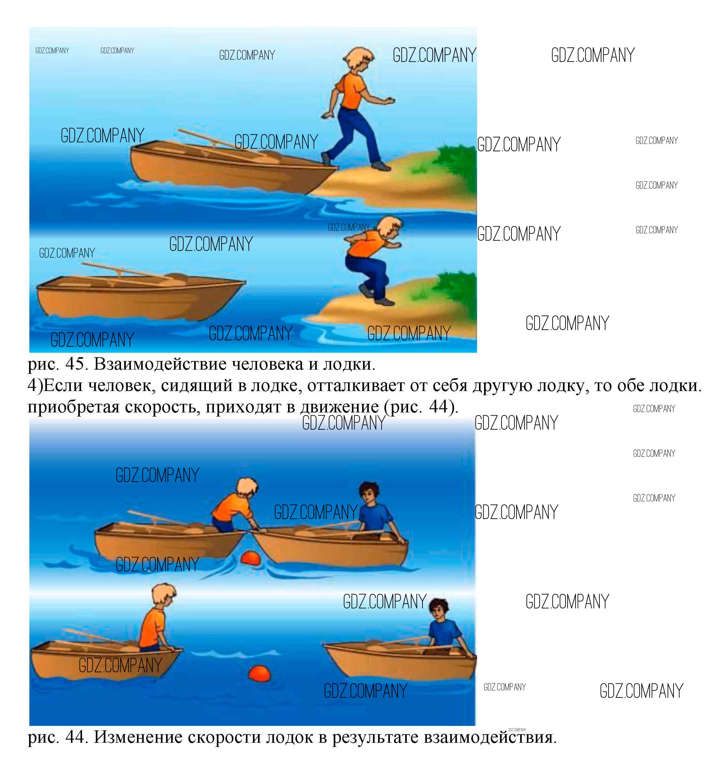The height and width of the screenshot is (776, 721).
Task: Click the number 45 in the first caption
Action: coord(75,364)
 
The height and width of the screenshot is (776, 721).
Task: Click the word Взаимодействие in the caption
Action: coord(160,365)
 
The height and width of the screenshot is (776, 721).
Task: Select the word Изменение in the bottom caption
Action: coord(138,737)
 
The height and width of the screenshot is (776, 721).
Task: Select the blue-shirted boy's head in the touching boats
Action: coord(369,494)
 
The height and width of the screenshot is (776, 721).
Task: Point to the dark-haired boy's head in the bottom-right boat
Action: coord(438,610)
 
